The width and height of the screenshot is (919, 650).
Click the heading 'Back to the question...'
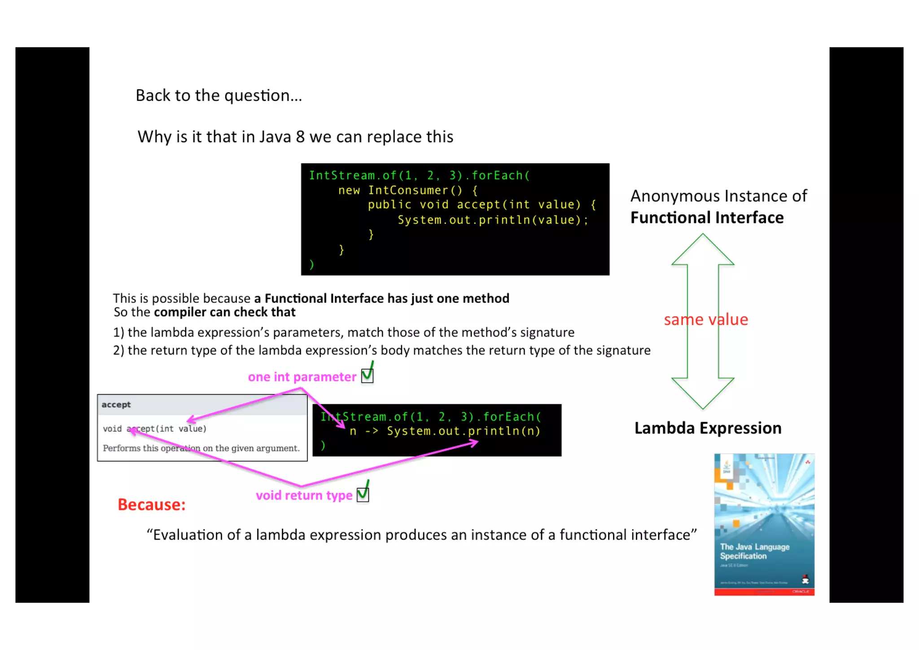click(x=219, y=95)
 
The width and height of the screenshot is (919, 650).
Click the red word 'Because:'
click(x=151, y=505)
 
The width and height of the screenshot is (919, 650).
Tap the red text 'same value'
click(x=706, y=320)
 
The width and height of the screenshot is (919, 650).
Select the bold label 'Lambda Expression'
click(x=708, y=428)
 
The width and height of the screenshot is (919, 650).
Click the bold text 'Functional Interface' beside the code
click(x=707, y=218)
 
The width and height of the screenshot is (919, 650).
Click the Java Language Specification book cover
click(x=764, y=524)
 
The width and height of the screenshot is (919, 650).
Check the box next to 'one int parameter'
click(x=367, y=375)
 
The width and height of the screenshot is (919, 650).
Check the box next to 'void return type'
click(x=363, y=494)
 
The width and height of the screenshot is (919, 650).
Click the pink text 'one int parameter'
click(x=302, y=377)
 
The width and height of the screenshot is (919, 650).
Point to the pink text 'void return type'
click(x=304, y=495)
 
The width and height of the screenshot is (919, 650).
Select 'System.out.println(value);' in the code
click(x=492, y=220)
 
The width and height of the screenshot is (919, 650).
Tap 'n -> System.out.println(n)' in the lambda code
click(x=445, y=431)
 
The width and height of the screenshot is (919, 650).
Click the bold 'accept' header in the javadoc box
click(x=116, y=404)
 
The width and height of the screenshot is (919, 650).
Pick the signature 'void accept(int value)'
click(x=154, y=429)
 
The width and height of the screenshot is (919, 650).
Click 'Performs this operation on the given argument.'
click(x=201, y=448)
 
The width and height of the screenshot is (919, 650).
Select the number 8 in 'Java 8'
click(x=300, y=137)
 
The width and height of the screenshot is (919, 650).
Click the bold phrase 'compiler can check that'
click(x=224, y=312)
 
